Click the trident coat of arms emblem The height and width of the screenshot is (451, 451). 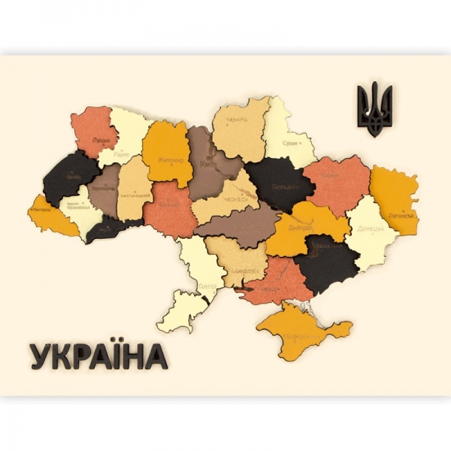pos(374,110)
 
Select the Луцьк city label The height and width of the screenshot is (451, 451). pos(99,140)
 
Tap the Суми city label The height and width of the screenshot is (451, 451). pos(290,141)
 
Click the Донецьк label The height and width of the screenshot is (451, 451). pos(371,228)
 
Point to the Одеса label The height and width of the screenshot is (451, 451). pos(208,286)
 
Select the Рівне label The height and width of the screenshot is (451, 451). pos(122,154)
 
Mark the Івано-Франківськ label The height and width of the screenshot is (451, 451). pos(74,204)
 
